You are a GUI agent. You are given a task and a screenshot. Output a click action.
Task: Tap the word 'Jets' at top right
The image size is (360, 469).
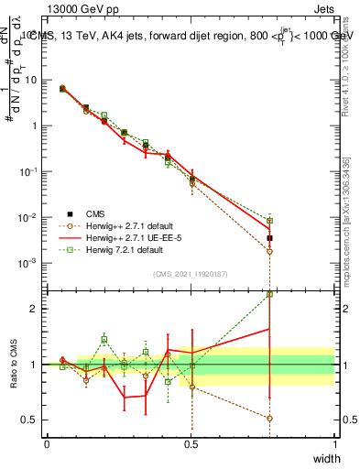(320, 8)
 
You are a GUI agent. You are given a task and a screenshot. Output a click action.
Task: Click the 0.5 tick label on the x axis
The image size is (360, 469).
(190, 443)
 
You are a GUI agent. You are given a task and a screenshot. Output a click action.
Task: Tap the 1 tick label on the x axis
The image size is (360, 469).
(334, 443)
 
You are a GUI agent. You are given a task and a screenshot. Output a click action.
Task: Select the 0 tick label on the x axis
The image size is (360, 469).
(46, 443)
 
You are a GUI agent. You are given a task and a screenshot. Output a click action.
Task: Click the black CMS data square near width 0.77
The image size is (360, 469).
(269, 238)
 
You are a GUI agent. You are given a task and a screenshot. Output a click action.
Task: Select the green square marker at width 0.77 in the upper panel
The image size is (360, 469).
(269, 221)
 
